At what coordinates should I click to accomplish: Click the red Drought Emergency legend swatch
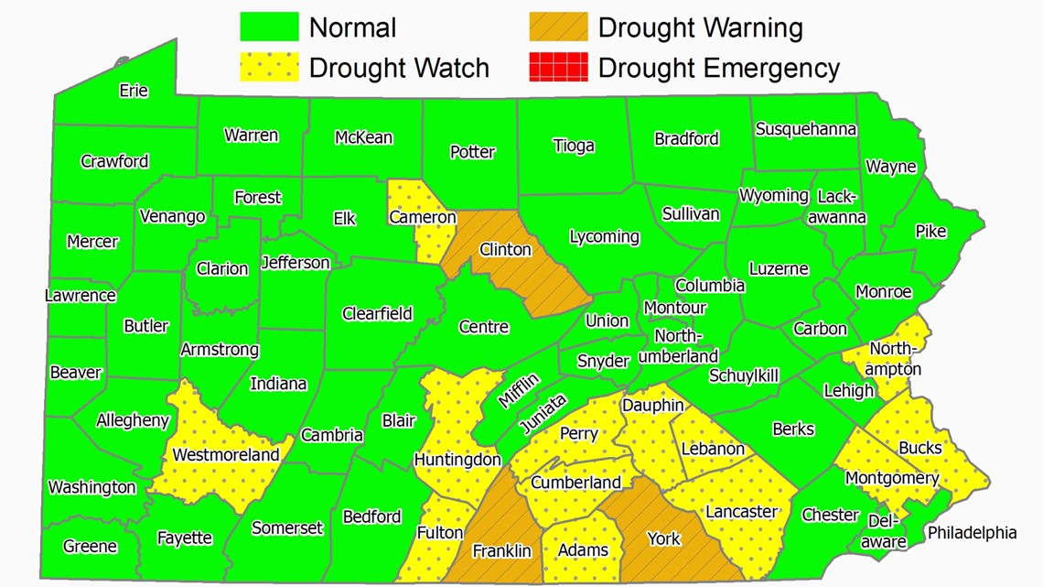pyautogui.click(x=558, y=67)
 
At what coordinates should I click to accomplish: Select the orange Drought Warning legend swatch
pyautogui.click(x=558, y=27)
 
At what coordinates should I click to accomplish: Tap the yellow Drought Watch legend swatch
pyautogui.click(x=270, y=67)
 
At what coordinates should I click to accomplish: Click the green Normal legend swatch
pyautogui.click(x=270, y=27)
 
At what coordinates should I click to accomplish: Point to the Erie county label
pyautogui.click(x=134, y=91)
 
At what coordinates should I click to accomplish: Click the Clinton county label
pyautogui.click(x=505, y=249)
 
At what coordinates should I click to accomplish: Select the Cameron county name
pyautogui.click(x=422, y=217)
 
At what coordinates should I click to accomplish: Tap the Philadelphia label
pyautogui.click(x=972, y=532)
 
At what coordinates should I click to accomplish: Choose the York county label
pyautogui.click(x=663, y=538)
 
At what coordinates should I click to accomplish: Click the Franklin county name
pyautogui.click(x=501, y=550)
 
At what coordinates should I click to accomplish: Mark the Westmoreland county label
pyautogui.click(x=226, y=454)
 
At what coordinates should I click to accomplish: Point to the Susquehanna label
pyautogui.click(x=805, y=129)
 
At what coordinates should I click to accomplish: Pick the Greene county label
pyautogui.click(x=90, y=547)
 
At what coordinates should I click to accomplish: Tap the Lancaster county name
pyautogui.click(x=741, y=511)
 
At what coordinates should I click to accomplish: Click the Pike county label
pyautogui.click(x=930, y=232)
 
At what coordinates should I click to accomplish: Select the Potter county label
pyautogui.click(x=472, y=152)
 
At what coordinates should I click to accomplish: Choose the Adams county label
pyautogui.click(x=583, y=550)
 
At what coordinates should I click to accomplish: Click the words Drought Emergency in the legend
pyautogui.click(x=718, y=68)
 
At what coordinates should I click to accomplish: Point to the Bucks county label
pyautogui.click(x=919, y=447)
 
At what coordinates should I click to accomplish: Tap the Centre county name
pyautogui.click(x=483, y=327)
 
